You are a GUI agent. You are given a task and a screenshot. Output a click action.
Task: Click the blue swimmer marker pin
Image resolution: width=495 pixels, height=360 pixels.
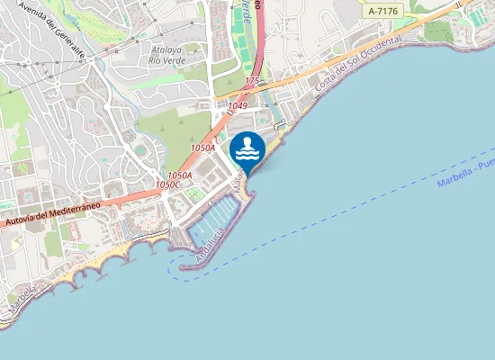coord(247,149)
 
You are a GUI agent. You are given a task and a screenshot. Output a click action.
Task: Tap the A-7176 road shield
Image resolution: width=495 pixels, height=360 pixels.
coord(382,11)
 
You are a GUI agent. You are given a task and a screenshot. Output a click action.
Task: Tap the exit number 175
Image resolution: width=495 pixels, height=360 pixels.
coord(252,81)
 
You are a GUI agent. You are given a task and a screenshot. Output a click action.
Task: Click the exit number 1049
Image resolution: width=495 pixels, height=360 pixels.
coord(238,106)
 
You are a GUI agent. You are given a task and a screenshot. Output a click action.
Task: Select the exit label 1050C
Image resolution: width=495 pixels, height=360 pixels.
coord(167,184)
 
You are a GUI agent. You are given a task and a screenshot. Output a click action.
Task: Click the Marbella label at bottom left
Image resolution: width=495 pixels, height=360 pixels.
coord(22,300)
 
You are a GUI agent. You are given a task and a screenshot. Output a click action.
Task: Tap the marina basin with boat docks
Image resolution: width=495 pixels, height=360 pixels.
coord(216,219)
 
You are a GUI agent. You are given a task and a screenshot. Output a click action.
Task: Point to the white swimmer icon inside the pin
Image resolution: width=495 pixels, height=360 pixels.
coord(247,148)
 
